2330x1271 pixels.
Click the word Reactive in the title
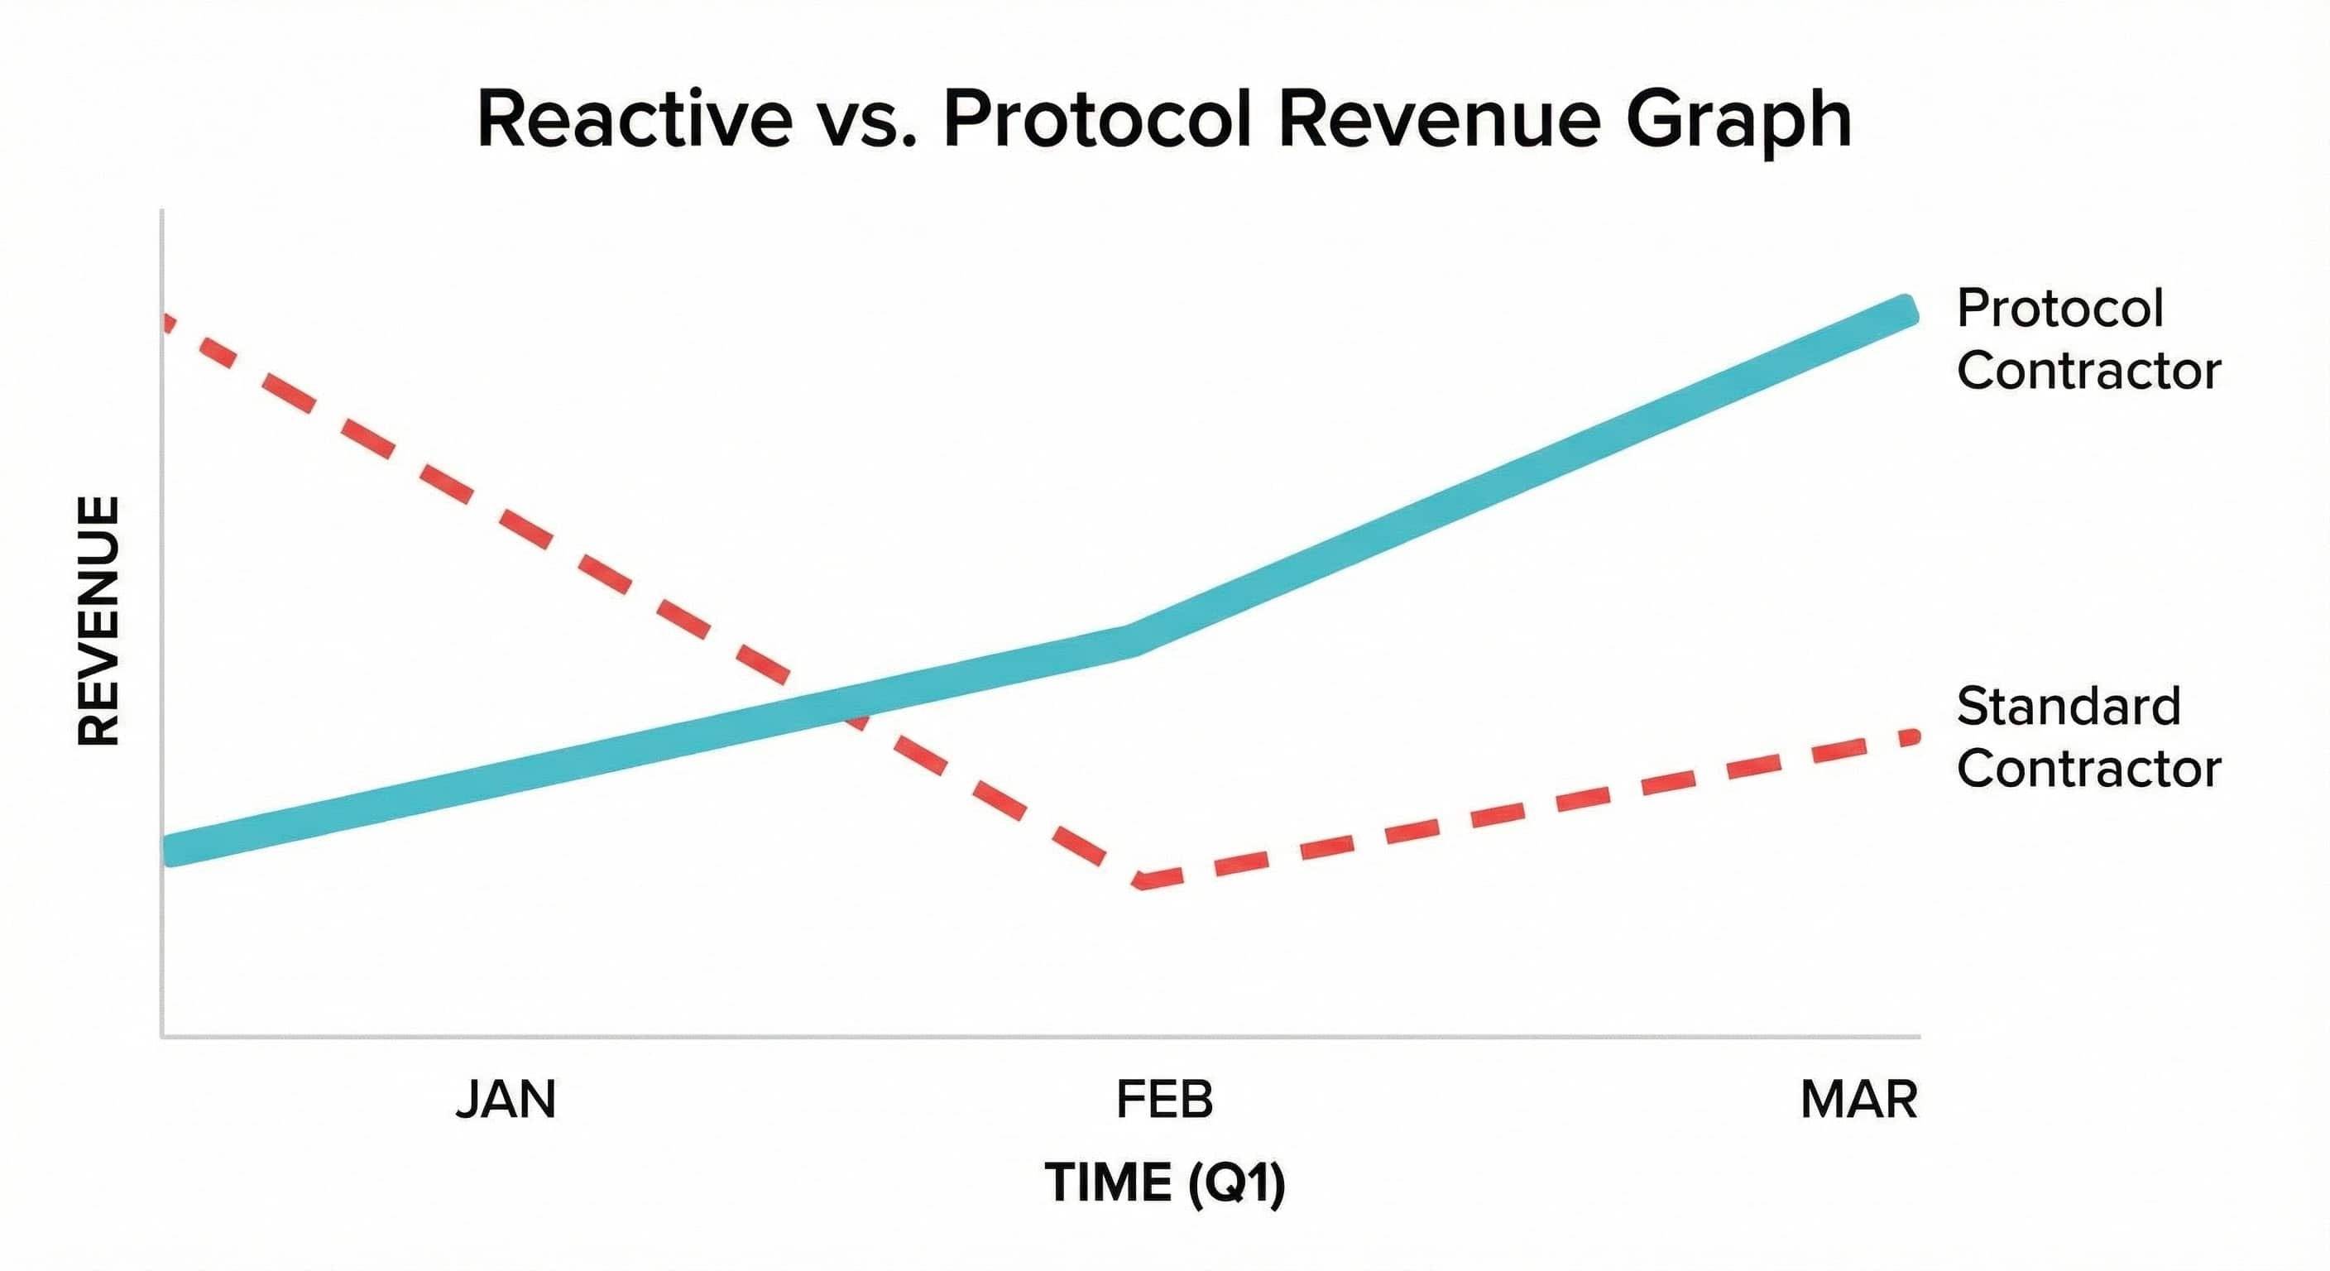point(634,120)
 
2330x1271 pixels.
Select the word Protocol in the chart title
point(1097,120)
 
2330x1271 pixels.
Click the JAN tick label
point(506,1100)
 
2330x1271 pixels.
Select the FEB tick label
point(1164,1100)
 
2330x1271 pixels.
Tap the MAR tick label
point(1858,1100)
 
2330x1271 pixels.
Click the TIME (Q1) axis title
point(1164,1182)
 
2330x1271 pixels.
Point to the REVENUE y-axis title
point(98,621)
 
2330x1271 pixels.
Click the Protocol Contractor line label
point(2088,339)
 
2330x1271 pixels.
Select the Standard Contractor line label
point(2088,737)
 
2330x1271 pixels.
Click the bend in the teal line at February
point(1129,640)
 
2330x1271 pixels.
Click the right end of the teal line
point(1904,310)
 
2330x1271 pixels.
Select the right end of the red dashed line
point(1911,737)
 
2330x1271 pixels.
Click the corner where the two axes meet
point(163,1036)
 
